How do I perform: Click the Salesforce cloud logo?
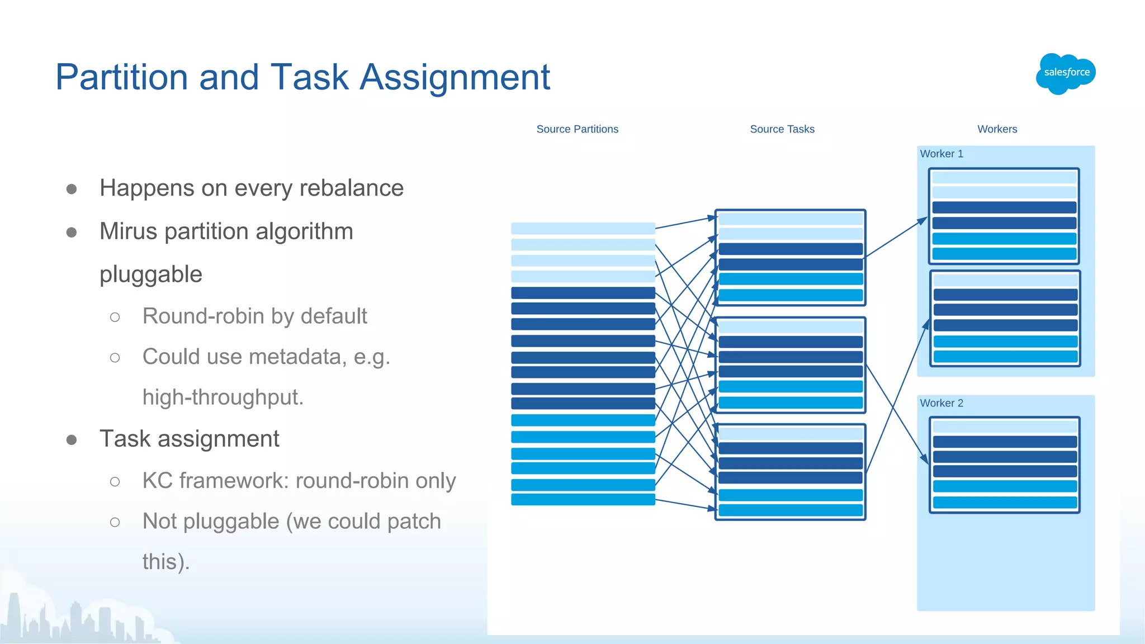[1066, 73]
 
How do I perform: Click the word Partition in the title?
[121, 77]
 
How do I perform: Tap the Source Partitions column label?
[577, 129]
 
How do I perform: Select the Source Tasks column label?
[782, 129]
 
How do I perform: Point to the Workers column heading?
[997, 129]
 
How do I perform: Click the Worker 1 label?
[941, 154]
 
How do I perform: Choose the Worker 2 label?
[941, 403]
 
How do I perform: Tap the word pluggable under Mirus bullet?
[151, 274]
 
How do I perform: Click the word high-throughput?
[223, 397]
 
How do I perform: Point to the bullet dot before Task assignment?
[72, 440]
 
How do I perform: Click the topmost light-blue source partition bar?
[583, 228]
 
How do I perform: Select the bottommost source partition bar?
[583, 499]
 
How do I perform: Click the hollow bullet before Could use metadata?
[115, 358]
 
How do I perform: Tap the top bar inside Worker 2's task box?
[1005, 427]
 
